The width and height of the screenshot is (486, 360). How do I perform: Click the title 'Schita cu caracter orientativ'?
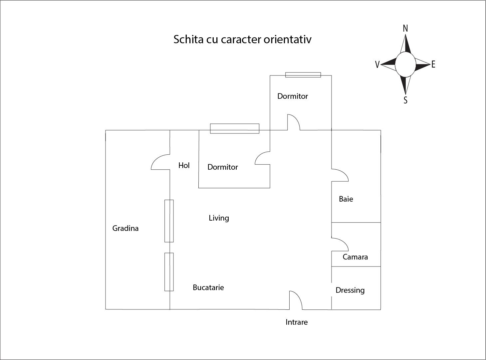click(242, 39)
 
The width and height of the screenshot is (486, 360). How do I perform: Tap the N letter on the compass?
click(405, 29)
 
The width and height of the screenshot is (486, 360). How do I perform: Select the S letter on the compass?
click(405, 100)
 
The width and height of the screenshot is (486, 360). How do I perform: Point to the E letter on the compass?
click(433, 65)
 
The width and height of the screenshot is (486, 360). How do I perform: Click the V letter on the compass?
click(377, 65)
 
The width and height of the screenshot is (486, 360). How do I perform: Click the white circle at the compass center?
click(405, 64)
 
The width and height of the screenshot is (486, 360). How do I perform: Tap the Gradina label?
click(125, 228)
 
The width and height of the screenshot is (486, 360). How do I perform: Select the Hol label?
click(184, 165)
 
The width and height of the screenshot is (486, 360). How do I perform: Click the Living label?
click(219, 218)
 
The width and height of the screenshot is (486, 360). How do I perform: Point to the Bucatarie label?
click(208, 287)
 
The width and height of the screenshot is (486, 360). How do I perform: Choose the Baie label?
click(346, 199)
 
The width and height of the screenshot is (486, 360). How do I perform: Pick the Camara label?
click(355, 257)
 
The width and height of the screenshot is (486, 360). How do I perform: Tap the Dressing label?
click(350, 290)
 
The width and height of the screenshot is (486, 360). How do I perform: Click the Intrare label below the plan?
click(296, 322)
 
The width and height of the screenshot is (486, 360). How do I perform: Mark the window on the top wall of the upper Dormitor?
click(303, 75)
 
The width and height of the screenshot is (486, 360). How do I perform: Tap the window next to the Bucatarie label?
click(169, 272)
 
